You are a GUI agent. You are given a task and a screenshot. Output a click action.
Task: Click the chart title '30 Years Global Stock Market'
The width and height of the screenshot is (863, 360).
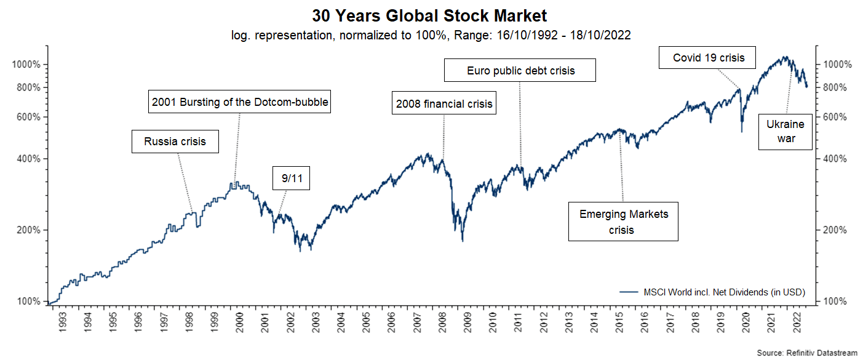coord(429,15)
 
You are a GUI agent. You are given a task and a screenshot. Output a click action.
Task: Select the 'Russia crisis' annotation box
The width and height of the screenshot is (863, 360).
coord(175,142)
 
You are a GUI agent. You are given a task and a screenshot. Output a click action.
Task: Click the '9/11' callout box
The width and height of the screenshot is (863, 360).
coord(292,179)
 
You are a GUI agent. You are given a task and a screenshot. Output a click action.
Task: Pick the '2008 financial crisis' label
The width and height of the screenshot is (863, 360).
coord(444,103)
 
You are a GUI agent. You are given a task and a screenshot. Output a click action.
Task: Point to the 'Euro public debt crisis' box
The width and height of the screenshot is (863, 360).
coord(520,70)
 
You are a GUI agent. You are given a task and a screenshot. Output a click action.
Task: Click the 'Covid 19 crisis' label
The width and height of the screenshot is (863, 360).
coord(709,58)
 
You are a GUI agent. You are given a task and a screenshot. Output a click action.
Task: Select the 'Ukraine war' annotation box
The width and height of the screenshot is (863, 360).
coord(786,131)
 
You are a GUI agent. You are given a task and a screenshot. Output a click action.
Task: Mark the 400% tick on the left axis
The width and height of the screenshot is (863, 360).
coord(28,159)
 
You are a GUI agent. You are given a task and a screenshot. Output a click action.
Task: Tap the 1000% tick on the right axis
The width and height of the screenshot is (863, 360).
coord(835,65)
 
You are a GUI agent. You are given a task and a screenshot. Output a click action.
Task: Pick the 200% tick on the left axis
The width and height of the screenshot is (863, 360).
coord(28,230)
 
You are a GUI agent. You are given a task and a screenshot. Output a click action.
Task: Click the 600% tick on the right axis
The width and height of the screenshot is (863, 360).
coord(835,117)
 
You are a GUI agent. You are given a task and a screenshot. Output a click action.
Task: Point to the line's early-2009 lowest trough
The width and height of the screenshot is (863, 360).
coord(463,241)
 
